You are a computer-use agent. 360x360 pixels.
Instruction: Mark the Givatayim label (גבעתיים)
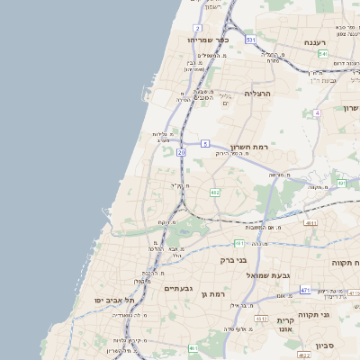(x=180, y=289)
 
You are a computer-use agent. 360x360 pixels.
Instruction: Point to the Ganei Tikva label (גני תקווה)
(x=340, y=315)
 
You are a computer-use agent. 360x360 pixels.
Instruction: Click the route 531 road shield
(x=251, y=41)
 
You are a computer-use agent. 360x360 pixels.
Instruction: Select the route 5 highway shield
(x=205, y=143)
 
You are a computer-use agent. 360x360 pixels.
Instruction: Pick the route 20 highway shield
(x=181, y=153)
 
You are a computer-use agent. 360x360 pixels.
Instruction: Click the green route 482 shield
(x=215, y=193)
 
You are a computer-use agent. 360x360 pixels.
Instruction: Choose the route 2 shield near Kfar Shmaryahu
(x=197, y=28)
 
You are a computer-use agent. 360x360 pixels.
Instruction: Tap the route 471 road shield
(x=305, y=290)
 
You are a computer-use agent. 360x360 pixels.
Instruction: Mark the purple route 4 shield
(x=317, y=113)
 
